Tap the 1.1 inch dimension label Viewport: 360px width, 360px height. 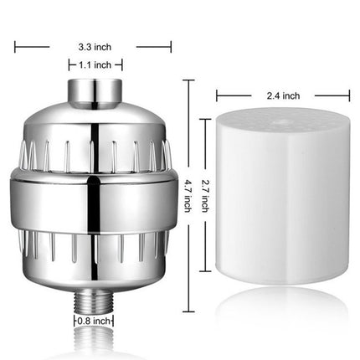point(95,64)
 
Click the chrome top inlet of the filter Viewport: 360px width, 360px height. point(95,90)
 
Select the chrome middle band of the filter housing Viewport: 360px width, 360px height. point(95,192)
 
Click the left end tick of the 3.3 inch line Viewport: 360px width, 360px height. point(15,48)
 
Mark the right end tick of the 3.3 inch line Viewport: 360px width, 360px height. point(172,48)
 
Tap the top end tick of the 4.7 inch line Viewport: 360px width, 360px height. point(189,80)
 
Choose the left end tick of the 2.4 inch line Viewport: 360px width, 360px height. point(218,95)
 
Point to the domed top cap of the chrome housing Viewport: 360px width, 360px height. point(95,117)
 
